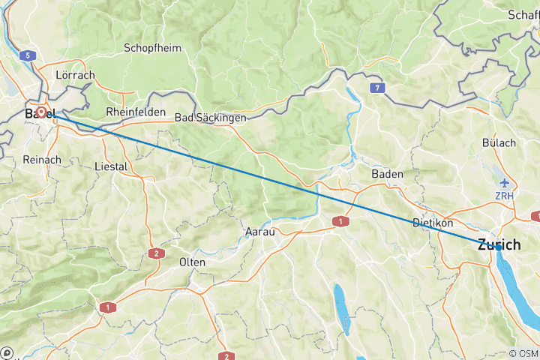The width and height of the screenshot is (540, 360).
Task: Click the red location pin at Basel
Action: tap(42, 113)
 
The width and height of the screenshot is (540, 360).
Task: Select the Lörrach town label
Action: tap(75, 76)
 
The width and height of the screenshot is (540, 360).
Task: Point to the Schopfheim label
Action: tap(153, 47)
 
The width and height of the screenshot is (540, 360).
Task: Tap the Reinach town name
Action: tap(37, 160)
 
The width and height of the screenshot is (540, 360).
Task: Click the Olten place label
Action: tap(193, 262)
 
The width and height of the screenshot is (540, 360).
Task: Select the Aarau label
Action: tap(260, 232)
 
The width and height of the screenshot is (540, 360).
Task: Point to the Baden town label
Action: tap(387, 173)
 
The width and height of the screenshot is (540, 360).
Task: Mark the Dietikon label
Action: tap(433, 223)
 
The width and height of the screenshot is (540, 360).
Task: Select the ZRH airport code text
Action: tap(505, 196)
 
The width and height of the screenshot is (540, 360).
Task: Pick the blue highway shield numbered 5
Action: tap(27, 55)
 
